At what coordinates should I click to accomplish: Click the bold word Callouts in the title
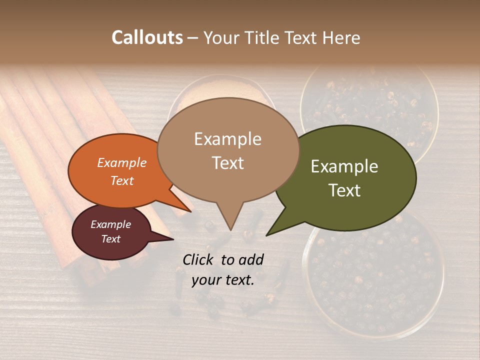(147, 37)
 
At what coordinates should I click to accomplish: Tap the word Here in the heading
(342, 37)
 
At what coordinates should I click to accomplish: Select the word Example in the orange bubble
(122, 162)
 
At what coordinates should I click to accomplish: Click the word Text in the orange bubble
(122, 180)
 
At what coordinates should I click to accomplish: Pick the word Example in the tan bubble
(227, 139)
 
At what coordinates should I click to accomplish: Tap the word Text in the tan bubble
(227, 163)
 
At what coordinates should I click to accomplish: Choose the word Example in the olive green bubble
(344, 166)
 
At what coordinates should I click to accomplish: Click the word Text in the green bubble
(344, 190)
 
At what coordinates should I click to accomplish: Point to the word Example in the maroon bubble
(111, 224)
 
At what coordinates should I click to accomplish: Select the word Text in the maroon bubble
(111, 239)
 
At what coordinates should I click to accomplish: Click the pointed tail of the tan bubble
(230, 227)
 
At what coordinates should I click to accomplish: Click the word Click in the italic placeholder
(198, 259)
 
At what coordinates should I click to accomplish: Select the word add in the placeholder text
(251, 259)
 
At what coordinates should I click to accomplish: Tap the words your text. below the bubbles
(223, 280)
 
